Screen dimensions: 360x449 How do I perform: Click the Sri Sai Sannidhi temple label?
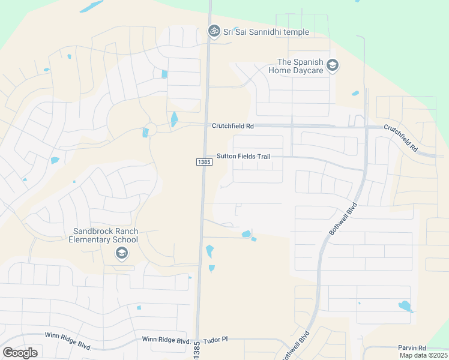[266, 32]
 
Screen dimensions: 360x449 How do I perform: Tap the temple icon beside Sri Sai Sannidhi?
[213, 31]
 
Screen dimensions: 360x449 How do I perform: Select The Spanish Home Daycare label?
[300, 66]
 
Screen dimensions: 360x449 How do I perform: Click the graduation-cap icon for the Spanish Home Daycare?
[332, 65]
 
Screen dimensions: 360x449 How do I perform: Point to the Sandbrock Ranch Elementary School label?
[106, 235]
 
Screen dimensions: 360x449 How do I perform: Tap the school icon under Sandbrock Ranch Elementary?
[122, 254]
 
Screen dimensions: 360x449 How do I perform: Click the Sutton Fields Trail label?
[243, 156]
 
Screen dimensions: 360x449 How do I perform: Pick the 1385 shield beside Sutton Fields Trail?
[203, 163]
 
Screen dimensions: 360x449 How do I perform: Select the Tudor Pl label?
[217, 339]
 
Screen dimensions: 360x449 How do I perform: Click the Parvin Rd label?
[411, 347]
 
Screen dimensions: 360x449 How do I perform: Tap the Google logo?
[20, 352]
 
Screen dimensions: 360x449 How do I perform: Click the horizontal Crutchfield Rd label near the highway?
[233, 126]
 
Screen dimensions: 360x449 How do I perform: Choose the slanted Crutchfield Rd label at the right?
[400, 138]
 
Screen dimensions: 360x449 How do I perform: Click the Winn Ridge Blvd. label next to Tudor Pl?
[166, 340]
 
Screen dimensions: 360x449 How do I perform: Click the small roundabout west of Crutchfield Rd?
[151, 128]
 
